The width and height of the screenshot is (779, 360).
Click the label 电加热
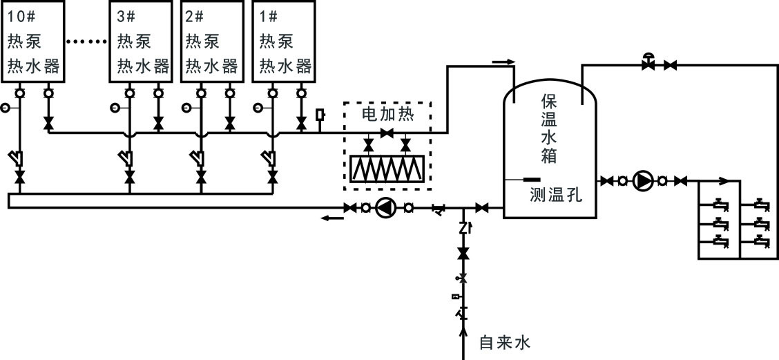(x=387, y=114)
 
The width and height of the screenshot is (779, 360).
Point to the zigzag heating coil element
(x=387, y=168)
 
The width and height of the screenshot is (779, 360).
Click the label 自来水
(x=503, y=342)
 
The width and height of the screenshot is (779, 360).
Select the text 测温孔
(x=556, y=195)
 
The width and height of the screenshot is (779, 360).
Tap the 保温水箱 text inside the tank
(x=549, y=129)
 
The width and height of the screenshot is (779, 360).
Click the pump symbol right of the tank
(x=643, y=181)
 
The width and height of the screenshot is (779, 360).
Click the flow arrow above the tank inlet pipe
(x=505, y=62)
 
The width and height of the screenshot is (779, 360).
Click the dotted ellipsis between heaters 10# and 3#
(x=87, y=41)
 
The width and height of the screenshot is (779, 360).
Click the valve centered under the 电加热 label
(x=387, y=133)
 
